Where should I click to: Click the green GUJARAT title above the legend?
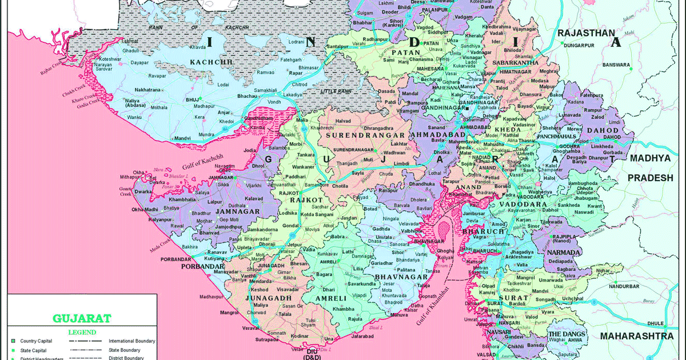pos(82,318)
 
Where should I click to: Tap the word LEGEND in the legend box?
pos(82,332)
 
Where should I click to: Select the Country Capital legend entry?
pos(35,341)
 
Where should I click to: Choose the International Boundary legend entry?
pos(131,341)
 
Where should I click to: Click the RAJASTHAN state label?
pos(586,33)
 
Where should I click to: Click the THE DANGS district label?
pos(567,334)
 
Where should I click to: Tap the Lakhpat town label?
pos(130,42)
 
